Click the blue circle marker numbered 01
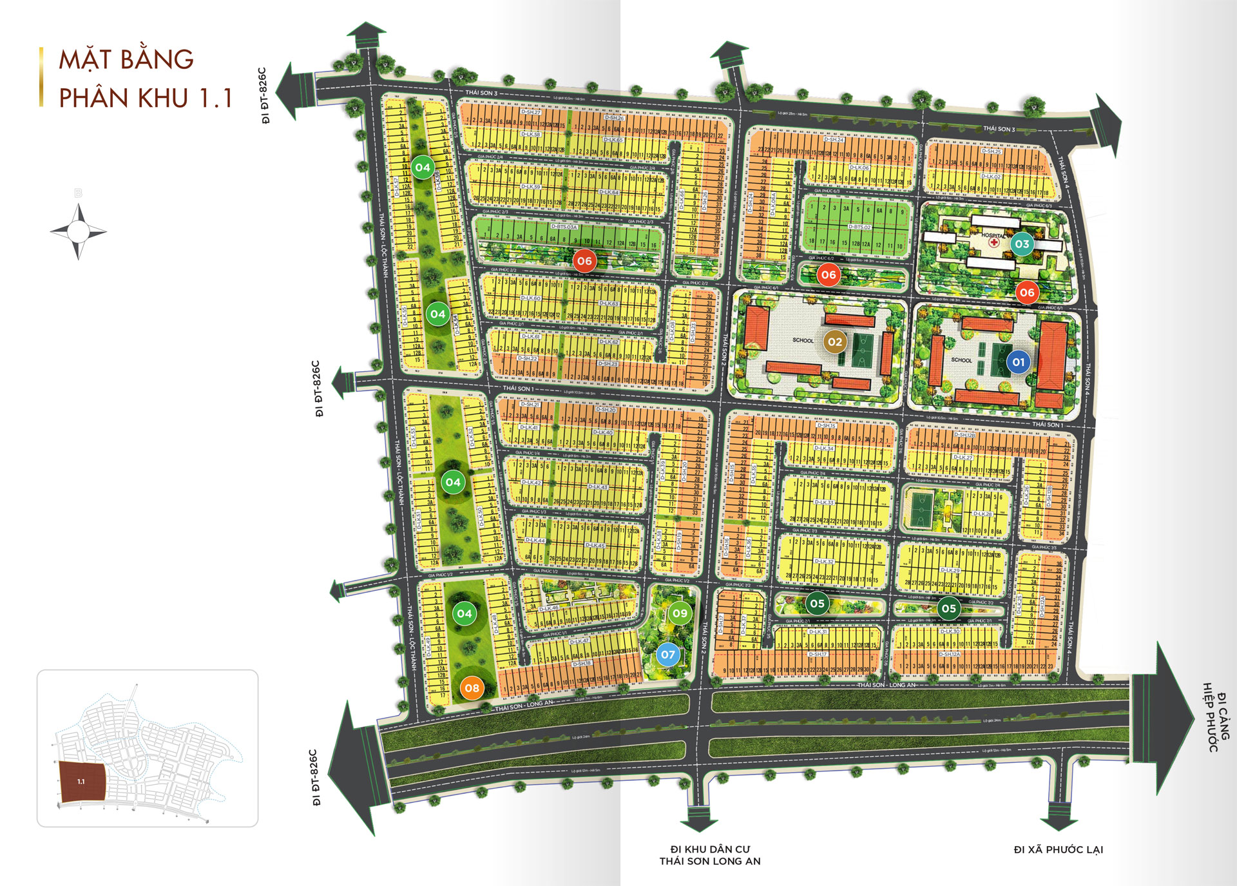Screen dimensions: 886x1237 (1018, 362)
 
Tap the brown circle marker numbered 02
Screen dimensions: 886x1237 (834, 342)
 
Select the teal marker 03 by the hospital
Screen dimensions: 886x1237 (1022, 244)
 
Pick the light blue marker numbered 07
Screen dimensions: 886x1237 (668, 655)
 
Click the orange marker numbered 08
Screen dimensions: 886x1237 (472, 688)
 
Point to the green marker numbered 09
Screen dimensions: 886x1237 (680, 613)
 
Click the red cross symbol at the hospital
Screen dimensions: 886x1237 (994, 243)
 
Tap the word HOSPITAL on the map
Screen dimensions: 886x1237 (993, 236)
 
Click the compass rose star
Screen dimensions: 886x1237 (79, 231)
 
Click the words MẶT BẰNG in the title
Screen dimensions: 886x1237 (126, 60)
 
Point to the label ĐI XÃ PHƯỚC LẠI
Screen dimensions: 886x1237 (1058, 850)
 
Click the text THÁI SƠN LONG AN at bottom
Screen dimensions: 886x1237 (709, 862)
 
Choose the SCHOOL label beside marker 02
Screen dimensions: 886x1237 (803, 340)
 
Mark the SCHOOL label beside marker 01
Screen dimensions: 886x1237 (961, 360)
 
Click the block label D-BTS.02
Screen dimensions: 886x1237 (859, 227)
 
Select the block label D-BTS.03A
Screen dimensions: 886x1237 (564, 227)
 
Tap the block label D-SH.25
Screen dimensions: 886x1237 (991, 151)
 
